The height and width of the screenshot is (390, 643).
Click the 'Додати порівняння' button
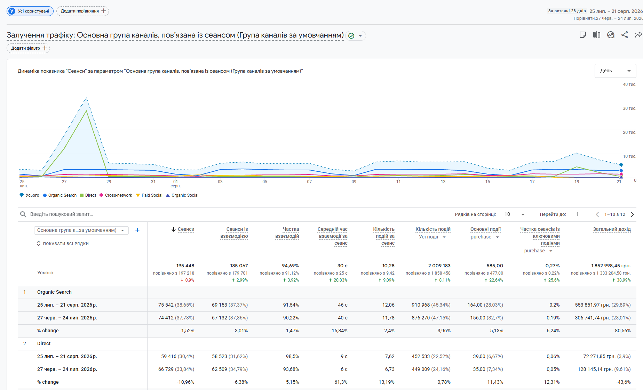82,11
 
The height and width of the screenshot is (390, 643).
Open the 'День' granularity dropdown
615,71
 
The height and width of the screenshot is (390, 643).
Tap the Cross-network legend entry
116,195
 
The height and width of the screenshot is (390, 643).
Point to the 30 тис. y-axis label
629,108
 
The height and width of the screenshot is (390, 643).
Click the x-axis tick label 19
577,182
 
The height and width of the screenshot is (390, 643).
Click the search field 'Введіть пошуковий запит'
62,214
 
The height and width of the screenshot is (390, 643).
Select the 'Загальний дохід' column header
612,229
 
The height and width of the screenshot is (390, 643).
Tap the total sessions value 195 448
185,266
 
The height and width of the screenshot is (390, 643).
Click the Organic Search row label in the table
54,292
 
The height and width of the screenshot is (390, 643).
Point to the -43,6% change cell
623,382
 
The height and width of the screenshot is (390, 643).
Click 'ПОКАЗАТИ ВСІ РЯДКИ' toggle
63,244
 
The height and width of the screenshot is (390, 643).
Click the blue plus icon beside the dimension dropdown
137,230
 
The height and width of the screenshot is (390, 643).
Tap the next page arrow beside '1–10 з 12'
633,214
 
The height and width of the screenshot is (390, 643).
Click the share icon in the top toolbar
625,35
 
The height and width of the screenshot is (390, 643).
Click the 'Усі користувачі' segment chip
30,11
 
